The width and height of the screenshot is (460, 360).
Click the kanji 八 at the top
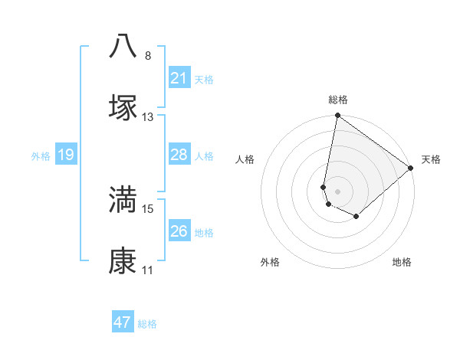point(123,46)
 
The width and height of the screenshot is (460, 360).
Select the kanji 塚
point(123,107)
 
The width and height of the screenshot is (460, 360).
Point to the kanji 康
point(123,261)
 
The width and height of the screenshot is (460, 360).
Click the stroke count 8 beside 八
point(148,56)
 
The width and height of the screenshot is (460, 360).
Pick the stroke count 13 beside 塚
point(148,117)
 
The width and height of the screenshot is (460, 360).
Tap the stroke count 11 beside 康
point(148,270)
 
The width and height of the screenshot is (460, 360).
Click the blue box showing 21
point(179,78)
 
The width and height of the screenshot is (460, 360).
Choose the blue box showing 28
point(179,155)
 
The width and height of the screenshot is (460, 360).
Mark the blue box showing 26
point(179,231)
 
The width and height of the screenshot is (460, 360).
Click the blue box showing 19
point(66,155)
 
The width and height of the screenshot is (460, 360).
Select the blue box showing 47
point(123,322)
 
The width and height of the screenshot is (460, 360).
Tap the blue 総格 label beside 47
point(148,324)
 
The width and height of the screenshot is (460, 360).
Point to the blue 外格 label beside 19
point(41,156)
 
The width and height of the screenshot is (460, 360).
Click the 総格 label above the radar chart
point(338,100)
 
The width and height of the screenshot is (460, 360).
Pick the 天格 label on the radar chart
point(431,159)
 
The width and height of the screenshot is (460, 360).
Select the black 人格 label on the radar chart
point(245,159)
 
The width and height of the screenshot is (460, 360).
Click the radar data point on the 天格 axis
point(412,169)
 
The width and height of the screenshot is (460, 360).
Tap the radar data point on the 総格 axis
point(337,116)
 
